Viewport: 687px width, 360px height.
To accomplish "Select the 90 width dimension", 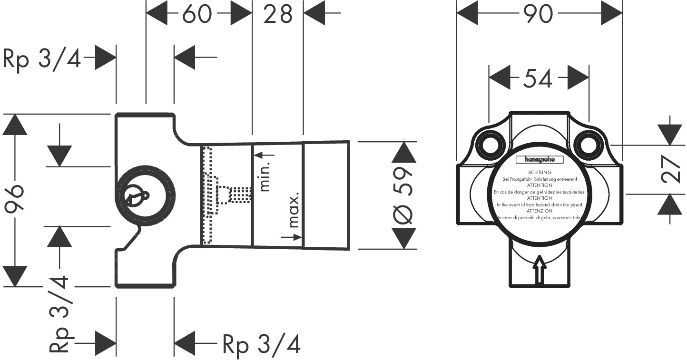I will coord(540,14).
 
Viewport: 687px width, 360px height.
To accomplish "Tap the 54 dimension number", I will coord(539,78).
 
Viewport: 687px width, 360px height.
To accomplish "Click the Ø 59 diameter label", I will coord(403,195).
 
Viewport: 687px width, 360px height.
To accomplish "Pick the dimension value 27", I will coord(670,169).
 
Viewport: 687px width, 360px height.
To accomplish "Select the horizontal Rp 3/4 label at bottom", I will coord(261,343).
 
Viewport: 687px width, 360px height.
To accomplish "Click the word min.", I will coord(265,176).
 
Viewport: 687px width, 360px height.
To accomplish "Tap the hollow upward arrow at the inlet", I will coord(540,270).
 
